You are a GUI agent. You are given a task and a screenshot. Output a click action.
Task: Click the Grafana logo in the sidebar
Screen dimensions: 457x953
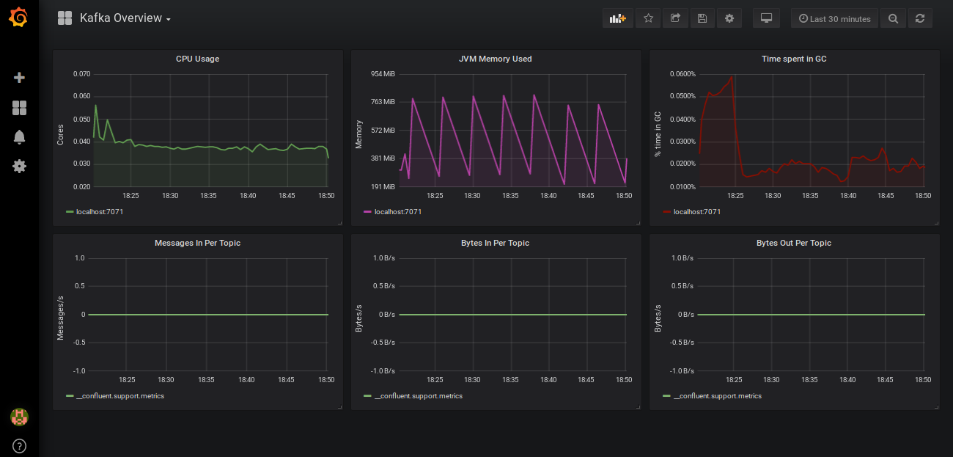coord(19,18)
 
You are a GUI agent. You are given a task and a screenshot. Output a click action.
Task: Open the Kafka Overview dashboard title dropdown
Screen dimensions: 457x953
coord(125,18)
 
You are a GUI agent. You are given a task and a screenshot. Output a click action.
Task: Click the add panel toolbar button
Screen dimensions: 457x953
coord(617,18)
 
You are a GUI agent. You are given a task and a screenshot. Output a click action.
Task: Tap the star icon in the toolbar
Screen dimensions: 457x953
coord(648,18)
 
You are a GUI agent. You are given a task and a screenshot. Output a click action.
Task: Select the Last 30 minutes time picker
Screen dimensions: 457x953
coord(834,18)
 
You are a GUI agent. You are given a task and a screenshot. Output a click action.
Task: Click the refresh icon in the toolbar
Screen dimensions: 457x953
coord(920,18)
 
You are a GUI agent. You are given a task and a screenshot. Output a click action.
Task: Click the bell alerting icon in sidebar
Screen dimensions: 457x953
coord(19,136)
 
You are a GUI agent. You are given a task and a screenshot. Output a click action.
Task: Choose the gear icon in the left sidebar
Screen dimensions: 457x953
coord(19,166)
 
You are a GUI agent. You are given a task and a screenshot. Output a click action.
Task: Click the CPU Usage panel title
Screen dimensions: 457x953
coord(197,59)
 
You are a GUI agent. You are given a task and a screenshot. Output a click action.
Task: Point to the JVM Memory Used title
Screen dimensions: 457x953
coord(495,59)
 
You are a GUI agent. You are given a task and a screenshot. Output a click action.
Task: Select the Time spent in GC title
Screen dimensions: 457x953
coord(794,59)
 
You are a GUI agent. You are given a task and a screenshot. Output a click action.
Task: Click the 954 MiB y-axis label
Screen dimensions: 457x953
coord(383,74)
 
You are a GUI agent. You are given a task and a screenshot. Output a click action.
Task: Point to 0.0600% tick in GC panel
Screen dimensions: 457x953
coord(682,74)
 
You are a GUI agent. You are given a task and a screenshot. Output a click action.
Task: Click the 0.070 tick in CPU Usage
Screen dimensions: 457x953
coord(81,74)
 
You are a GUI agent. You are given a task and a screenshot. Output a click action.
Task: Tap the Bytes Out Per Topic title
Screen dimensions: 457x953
coord(794,243)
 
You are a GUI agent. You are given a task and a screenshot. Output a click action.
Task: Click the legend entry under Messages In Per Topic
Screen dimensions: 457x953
coord(119,396)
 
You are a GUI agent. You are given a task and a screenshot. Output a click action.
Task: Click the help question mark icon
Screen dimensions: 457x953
coord(19,445)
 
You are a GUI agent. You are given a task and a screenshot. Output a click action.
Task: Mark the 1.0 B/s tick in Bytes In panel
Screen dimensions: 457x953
coord(384,258)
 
